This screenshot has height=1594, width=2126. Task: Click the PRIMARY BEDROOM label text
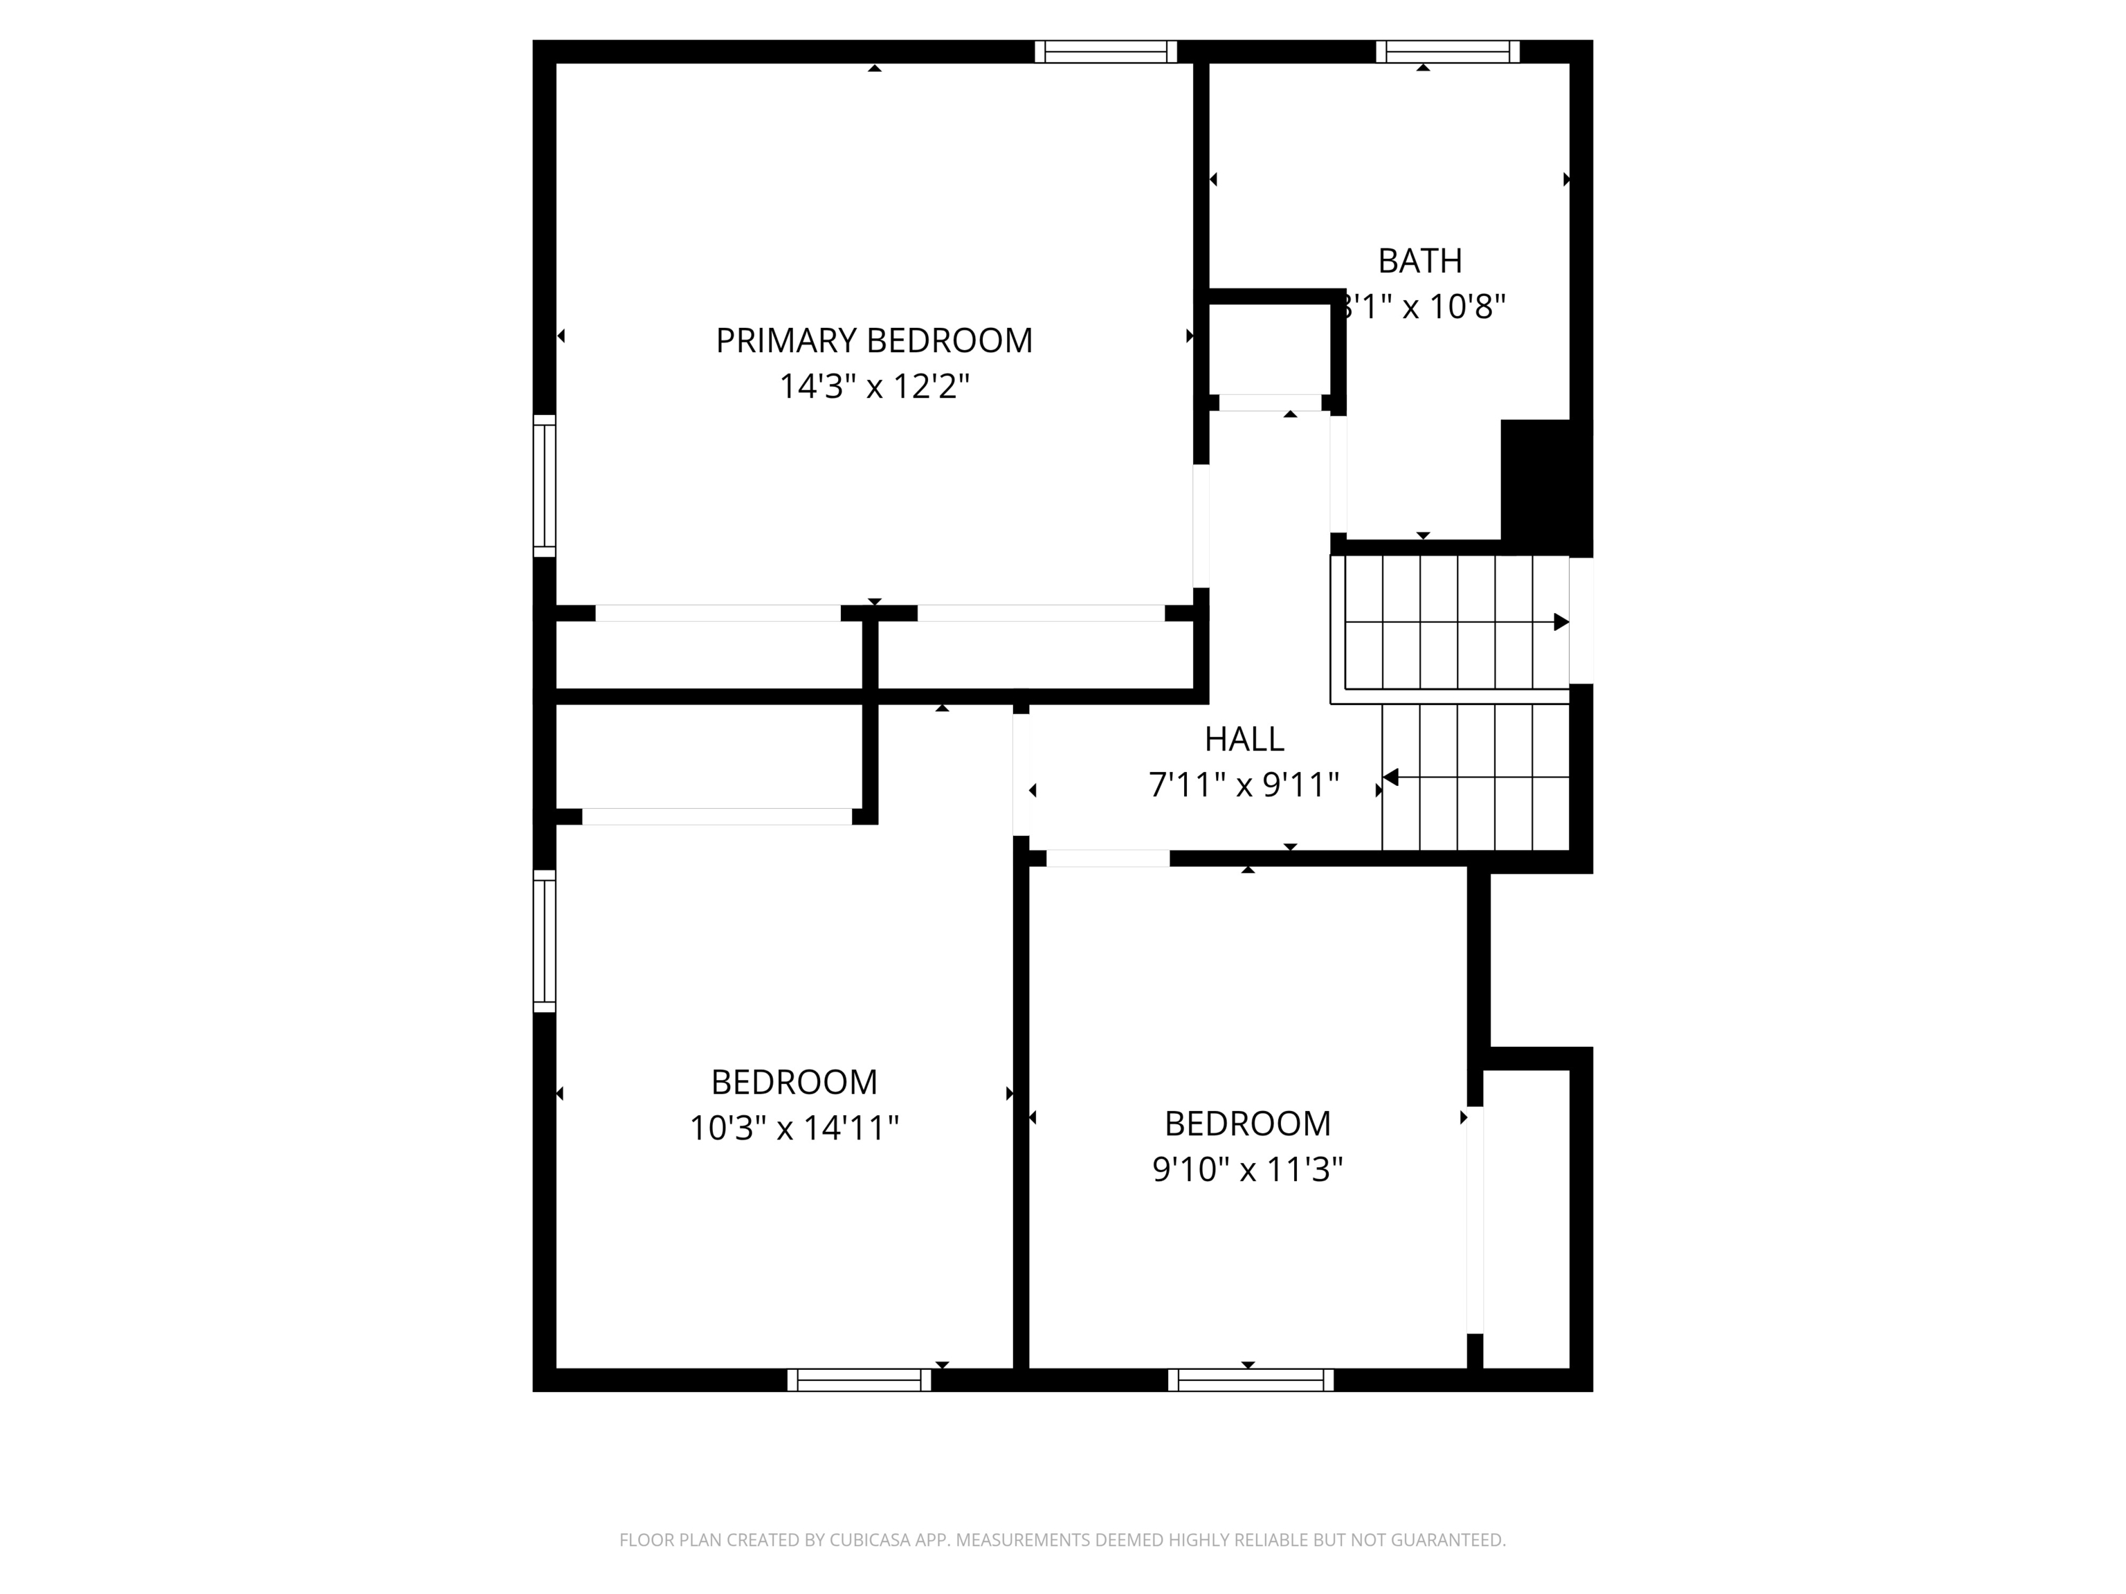873,340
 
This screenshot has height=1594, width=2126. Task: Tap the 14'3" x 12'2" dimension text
873,386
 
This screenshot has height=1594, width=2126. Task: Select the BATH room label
1419,260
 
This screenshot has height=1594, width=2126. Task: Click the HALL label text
1244,739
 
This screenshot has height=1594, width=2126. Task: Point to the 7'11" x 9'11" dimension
1244,785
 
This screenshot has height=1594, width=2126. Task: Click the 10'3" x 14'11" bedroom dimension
794,1127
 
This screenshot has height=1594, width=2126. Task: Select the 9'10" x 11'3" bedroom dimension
1248,1169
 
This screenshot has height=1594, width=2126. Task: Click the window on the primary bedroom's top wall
1105,52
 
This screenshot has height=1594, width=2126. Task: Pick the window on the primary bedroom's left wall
544,486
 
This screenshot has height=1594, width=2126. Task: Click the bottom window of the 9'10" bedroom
1251,1380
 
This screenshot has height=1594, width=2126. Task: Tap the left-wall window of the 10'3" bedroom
544,941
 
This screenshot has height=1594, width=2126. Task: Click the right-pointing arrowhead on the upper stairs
1561,622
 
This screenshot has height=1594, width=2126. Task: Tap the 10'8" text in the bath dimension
1466,306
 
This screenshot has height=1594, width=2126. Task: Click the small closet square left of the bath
1269,348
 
